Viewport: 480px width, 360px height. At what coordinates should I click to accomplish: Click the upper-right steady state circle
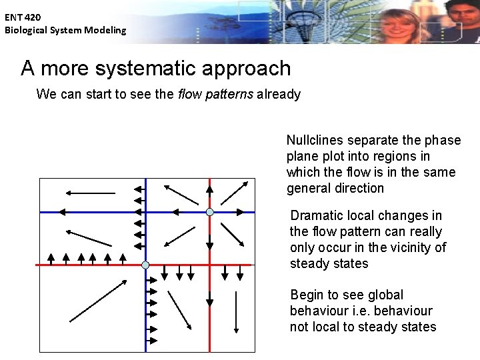[209, 212]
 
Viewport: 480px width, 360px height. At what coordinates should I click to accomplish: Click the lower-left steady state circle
[145, 265]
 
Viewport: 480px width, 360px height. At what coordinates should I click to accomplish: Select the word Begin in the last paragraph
[309, 295]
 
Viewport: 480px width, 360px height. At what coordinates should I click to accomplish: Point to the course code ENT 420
[23, 17]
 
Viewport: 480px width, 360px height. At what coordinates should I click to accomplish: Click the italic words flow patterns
[215, 94]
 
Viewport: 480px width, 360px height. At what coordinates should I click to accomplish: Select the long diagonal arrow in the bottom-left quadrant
[97, 301]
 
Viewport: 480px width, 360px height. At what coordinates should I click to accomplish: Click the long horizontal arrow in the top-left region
[90, 193]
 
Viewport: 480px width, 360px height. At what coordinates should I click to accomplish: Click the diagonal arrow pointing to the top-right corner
[234, 191]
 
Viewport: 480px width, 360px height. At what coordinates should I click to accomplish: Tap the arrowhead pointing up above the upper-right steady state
[209, 189]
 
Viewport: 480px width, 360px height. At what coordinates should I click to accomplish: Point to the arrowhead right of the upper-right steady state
[239, 212]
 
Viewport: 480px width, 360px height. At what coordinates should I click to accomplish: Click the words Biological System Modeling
[65, 30]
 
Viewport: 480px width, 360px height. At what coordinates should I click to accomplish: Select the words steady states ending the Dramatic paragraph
[329, 263]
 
